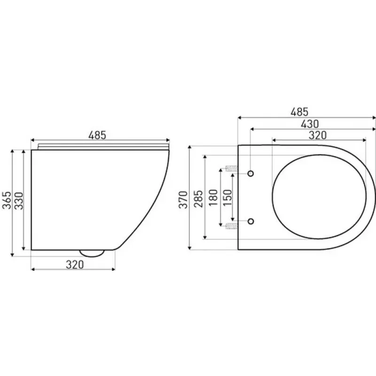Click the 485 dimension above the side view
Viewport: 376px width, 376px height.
click(97, 135)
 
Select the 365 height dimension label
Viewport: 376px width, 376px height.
click(7, 200)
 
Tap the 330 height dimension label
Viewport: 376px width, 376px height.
click(19, 201)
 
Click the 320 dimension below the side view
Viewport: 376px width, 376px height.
click(75, 265)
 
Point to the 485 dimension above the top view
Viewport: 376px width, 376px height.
click(299, 112)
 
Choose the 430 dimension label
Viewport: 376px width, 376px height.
click(310, 124)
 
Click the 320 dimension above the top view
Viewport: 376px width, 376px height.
click(318, 135)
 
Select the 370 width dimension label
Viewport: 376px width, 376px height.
click(183, 200)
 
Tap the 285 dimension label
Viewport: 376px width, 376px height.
click(198, 199)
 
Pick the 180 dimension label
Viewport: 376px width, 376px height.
click(213, 197)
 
